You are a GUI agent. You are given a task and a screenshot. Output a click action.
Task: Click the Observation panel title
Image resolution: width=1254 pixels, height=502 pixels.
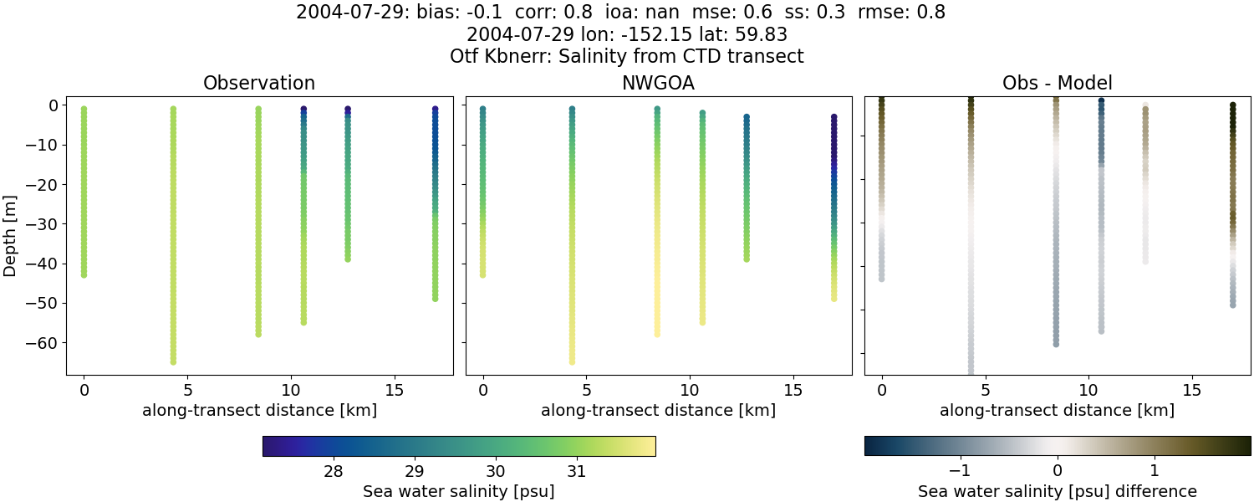(x=259, y=84)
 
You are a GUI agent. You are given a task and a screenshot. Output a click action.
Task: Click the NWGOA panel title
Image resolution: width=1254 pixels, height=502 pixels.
(x=658, y=84)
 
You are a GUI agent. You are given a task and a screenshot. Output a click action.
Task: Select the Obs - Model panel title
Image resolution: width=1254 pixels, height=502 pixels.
(x=1057, y=84)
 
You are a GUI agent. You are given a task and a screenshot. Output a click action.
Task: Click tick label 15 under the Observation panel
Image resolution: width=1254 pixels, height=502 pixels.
(x=395, y=391)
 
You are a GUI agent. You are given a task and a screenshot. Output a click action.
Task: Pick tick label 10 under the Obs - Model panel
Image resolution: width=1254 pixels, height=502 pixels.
(x=1088, y=391)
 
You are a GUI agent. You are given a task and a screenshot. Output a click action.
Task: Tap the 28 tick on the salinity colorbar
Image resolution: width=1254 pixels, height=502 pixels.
(x=333, y=471)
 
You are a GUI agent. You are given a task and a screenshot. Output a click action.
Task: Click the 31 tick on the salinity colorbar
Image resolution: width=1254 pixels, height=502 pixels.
(x=576, y=471)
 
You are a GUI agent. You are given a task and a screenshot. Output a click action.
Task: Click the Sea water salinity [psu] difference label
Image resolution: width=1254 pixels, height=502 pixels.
(x=1057, y=491)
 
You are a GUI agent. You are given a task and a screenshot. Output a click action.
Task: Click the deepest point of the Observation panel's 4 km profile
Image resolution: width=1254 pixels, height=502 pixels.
(x=173, y=361)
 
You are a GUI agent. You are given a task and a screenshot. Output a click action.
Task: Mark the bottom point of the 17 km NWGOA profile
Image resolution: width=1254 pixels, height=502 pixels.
(x=833, y=298)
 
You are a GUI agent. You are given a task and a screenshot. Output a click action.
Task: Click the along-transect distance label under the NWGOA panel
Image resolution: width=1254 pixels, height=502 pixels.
(x=658, y=411)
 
